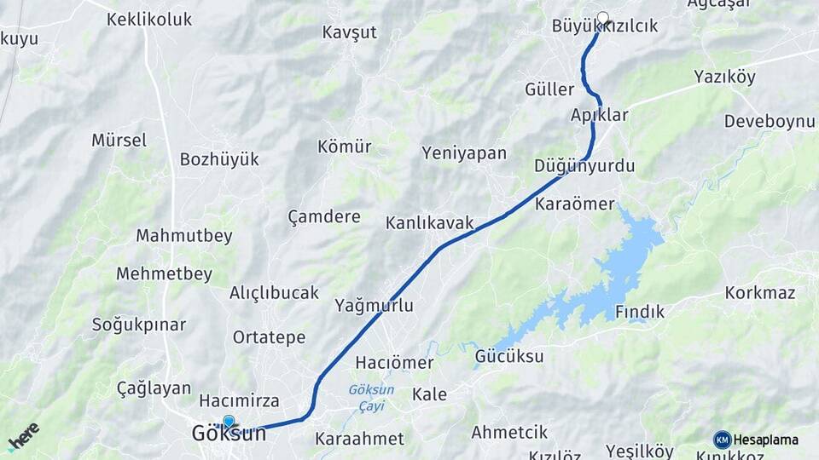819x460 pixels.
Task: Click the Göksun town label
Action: (x=229, y=434)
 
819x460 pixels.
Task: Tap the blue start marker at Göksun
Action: (x=229, y=422)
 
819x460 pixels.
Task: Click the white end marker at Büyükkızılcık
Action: (x=603, y=18)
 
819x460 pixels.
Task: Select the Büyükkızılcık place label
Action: (x=605, y=26)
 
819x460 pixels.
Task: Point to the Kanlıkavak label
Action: (x=429, y=223)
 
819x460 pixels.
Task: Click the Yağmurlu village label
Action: (x=375, y=305)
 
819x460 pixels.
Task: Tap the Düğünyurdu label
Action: (x=584, y=166)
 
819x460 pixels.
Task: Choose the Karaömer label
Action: (x=575, y=204)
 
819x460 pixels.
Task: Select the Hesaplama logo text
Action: (x=765, y=440)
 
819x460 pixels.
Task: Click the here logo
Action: (x=23, y=436)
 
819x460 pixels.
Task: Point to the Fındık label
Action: (x=640, y=312)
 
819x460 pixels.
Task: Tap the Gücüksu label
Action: (x=509, y=356)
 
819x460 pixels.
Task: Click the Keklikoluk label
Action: (x=149, y=19)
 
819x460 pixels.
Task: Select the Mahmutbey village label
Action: (x=184, y=236)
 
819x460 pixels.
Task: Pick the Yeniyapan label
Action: (x=464, y=153)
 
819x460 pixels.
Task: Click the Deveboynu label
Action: (x=770, y=121)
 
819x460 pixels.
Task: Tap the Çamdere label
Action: (x=324, y=216)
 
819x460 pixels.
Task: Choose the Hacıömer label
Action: (x=394, y=362)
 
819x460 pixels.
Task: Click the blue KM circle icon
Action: (x=723, y=440)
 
